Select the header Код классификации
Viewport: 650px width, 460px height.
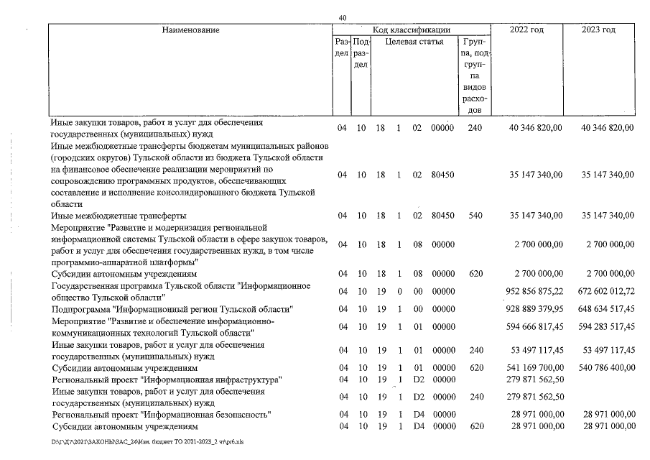pos(412,30)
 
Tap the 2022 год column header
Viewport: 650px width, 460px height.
pos(526,30)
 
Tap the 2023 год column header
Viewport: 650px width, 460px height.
pos(599,30)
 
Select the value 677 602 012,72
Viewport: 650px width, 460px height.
pos(600,291)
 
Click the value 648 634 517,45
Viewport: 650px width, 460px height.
pos(600,309)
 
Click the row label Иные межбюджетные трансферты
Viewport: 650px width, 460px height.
pos(109,215)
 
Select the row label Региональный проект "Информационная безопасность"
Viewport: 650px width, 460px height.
pos(161,415)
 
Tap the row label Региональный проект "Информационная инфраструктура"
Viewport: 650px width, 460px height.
pos(165,379)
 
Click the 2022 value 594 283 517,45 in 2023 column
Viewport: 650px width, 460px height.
pos(600,327)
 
